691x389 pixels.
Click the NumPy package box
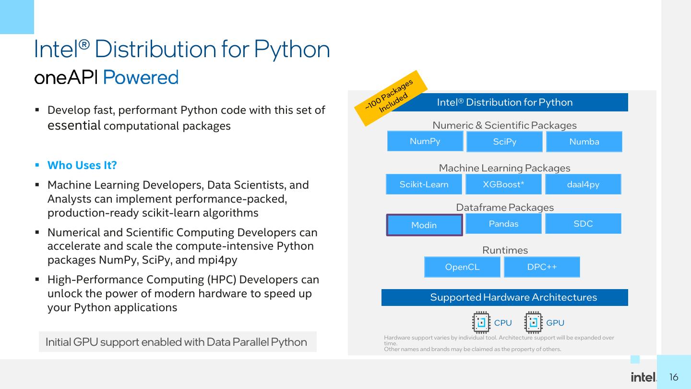pyautogui.click(x=425, y=141)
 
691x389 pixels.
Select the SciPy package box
pyautogui.click(x=504, y=142)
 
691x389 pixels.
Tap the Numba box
pyautogui.click(x=584, y=142)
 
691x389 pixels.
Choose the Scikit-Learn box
pyautogui.click(x=424, y=184)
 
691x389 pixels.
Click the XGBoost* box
pyautogui.click(x=503, y=184)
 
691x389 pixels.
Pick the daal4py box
pyautogui.click(x=583, y=184)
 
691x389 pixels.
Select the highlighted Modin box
pyautogui.click(x=425, y=225)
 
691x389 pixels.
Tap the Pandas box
pyautogui.click(x=503, y=223)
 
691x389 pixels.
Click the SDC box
pyautogui.click(x=583, y=223)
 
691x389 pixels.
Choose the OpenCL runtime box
pyautogui.click(x=462, y=267)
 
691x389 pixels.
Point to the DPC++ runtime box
pyautogui.click(x=542, y=267)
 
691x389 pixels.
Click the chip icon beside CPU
pyautogui.click(x=481, y=322)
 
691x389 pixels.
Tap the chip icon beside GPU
pyautogui.click(x=534, y=322)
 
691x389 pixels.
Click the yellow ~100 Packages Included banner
pyautogui.click(x=391, y=98)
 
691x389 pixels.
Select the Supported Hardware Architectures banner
pyautogui.click(x=505, y=297)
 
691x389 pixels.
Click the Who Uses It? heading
pyautogui.click(x=82, y=165)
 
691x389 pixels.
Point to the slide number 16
pyautogui.click(x=674, y=377)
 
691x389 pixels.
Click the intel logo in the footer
pyautogui.click(x=643, y=377)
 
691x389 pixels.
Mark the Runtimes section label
pyautogui.click(x=505, y=250)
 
